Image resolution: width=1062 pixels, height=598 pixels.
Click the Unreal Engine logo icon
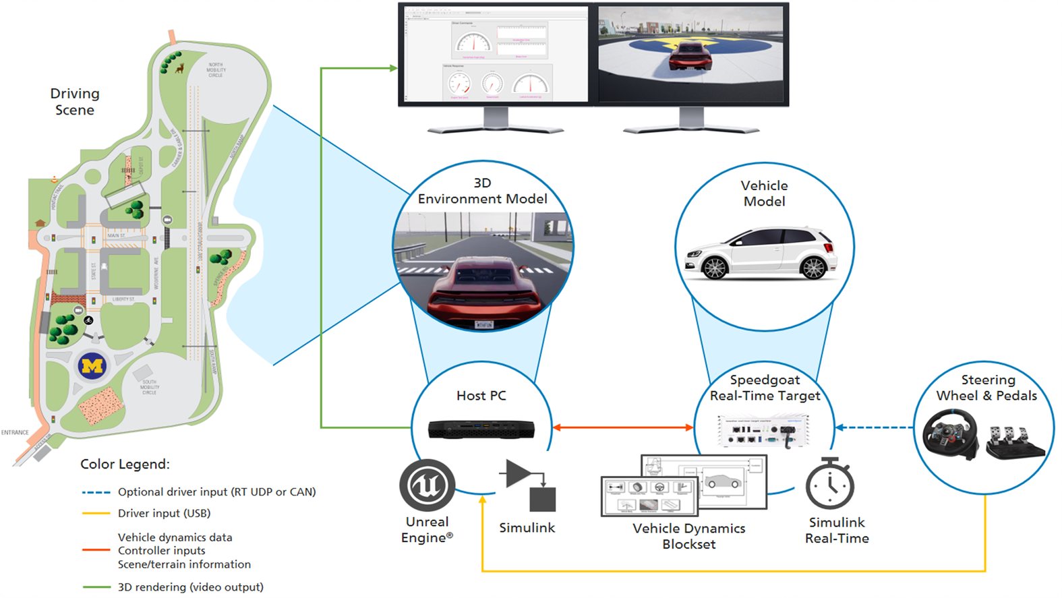pyautogui.click(x=427, y=485)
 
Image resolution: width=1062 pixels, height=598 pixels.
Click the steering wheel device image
pyautogui.click(x=950, y=434)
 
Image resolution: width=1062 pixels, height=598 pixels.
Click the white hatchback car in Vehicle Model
pyautogui.click(x=761, y=253)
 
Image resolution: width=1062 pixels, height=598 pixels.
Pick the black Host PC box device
pyautogui.click(x=481, y=429)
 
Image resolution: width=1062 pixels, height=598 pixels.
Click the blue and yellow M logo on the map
pyautogui.click(x=92, y=366)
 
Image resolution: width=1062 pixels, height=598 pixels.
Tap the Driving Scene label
pyautogui.click(x=75, y=102)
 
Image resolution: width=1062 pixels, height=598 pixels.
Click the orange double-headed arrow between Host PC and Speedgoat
pyautogui.click(x=623, y=427)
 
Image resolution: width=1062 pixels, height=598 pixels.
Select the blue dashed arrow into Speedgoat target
pyautogui.click(x=874, y=427)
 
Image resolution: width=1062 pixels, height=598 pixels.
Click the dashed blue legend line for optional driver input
pyautogui.click(x=96, y=493)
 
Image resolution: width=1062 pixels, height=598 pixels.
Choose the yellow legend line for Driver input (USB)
pyautogui.click(x=96, y=514)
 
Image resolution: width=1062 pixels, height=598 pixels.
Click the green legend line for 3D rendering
pyautogui.click(x=96, y=587)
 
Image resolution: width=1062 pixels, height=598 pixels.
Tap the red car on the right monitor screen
pyautogui.click(x=689, y=55)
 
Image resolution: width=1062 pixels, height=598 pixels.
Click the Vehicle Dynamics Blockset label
pyautogui.click(x=688, y=536)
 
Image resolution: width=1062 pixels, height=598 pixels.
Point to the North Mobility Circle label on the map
pyautogui.click(x=216, y=70)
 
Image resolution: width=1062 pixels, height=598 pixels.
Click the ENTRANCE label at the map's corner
pyautogui.click(x=15, y=432)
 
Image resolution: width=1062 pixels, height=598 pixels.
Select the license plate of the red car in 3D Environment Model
pyautogui.click(x=484, y=325)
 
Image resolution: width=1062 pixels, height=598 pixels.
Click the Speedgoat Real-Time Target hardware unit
pyautogui.click(x=765, y=430)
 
